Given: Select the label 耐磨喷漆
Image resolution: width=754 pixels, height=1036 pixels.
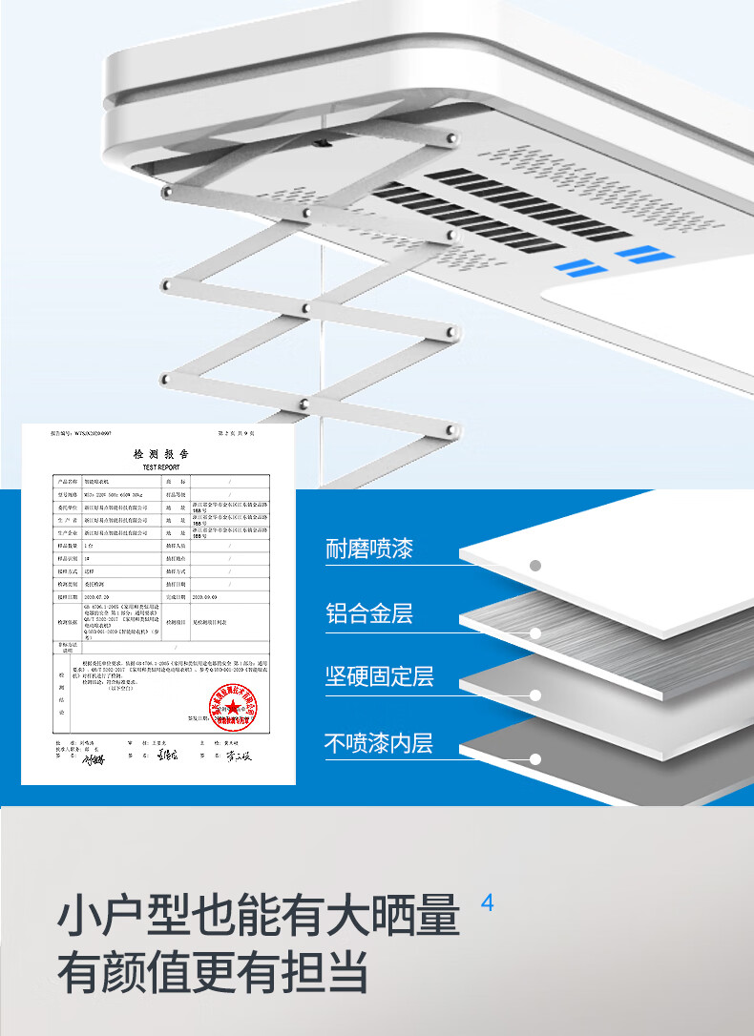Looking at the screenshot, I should tap(369, 549).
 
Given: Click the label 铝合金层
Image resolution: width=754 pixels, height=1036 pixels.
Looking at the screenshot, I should tap(369, 613).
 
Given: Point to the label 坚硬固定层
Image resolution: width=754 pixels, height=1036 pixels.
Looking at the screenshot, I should tap(380, 676).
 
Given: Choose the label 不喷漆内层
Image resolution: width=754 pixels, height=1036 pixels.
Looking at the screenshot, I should tap(380, 742).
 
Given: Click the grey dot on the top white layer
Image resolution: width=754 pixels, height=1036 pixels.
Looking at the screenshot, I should tap(535, 566).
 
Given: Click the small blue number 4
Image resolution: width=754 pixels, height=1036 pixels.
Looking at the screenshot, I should tap(488, 902).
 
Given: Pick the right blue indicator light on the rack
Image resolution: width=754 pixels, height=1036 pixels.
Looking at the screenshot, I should tap(638, 254).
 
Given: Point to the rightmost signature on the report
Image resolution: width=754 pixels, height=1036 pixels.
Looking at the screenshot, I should tap(239, 758).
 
